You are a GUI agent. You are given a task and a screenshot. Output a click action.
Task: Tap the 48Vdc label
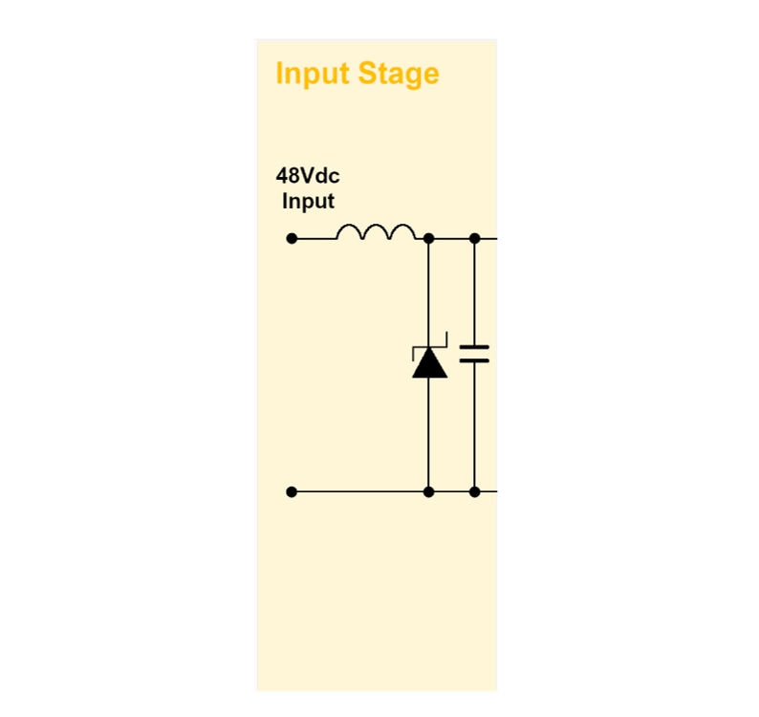click(307, 177)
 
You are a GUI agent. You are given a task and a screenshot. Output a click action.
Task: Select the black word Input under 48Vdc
click(308, 202)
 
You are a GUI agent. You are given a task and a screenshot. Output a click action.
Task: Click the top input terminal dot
click(292, 238)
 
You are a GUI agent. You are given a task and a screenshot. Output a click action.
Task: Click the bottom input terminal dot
click(292, 491)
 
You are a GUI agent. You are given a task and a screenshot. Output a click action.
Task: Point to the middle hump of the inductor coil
click(376, 232)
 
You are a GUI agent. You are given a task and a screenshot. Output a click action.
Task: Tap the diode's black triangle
click(429, 364)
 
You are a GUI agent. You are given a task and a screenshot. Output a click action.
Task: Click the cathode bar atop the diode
click(429, 348)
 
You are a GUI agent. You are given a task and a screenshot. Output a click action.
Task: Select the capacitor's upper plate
click(474, 347)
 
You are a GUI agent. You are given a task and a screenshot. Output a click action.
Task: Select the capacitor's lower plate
click(474, 360)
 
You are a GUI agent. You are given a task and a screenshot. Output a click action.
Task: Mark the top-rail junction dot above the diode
click(428, 238)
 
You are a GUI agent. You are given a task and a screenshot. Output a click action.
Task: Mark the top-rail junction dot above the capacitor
click(474, 238)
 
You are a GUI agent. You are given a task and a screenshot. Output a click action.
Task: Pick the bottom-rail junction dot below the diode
click(428, 491)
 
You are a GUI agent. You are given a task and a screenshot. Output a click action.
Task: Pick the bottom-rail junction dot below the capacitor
click(474, 491)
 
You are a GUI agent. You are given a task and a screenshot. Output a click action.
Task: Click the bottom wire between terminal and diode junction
click(359, 491)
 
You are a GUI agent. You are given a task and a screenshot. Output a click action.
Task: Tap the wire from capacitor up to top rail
click(474, 292)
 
